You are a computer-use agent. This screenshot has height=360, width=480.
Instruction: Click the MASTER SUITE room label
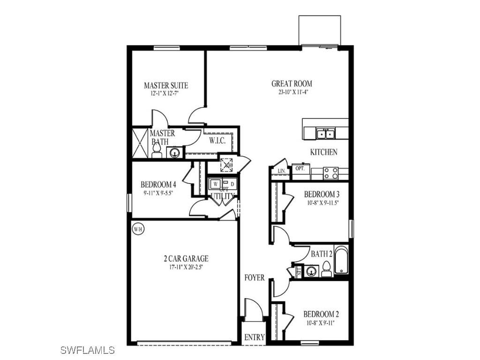coord(166,85)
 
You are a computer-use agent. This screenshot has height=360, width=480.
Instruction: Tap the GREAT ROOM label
coord(292,83)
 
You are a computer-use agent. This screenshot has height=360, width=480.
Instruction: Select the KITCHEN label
coord(323,152)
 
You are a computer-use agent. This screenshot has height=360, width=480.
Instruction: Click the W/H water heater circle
coord(137,229)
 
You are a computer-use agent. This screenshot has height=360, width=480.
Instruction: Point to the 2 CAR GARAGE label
coord(186,258)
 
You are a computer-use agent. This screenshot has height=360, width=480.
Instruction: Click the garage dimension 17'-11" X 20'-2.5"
coord(186,267)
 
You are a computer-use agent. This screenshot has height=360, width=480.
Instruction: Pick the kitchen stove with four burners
coord(330,173)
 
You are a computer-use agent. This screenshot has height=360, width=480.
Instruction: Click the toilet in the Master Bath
coord(157,150)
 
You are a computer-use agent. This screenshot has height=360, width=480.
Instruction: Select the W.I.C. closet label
coord(217,140)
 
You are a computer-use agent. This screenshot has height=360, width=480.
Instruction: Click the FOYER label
coord(255,277)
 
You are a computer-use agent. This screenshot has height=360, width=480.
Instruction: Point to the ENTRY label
coord(255,337)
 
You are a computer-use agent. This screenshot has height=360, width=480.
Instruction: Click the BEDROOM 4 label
coord(158,184)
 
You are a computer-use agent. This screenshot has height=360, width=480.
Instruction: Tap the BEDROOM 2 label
coord(321,314)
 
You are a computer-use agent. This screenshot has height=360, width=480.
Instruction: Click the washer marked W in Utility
coord(216,183)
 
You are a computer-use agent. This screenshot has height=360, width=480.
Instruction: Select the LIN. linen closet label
coord(281,172)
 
